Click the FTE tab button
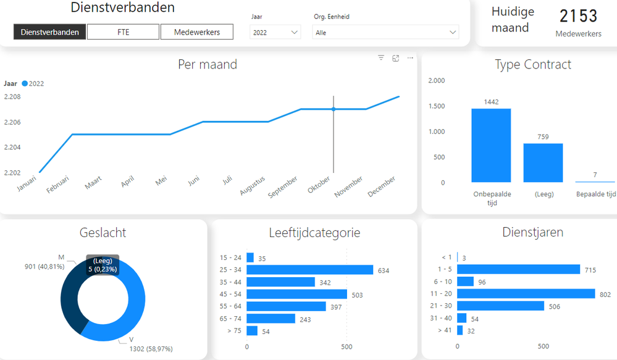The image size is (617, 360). point(123,32)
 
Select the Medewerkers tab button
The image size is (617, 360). point(197,32)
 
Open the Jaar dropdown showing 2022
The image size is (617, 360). point(275,33)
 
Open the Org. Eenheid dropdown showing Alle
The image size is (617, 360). point(385,33)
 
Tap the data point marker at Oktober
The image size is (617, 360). point(334,109)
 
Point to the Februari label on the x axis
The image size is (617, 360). point(57,184)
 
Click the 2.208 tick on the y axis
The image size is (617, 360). point(12,97)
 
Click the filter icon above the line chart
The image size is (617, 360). point(381,58)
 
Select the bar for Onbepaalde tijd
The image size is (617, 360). point(491,146)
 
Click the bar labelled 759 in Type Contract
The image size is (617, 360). point(543,163)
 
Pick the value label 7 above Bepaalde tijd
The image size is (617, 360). point(595,175)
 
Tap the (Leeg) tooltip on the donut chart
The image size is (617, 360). point(103,265)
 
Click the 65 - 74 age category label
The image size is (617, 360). point(231,319)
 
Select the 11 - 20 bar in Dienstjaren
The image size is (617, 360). point(526,294)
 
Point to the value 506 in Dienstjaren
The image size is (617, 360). point(555,306)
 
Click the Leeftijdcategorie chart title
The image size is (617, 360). point(314,233)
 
